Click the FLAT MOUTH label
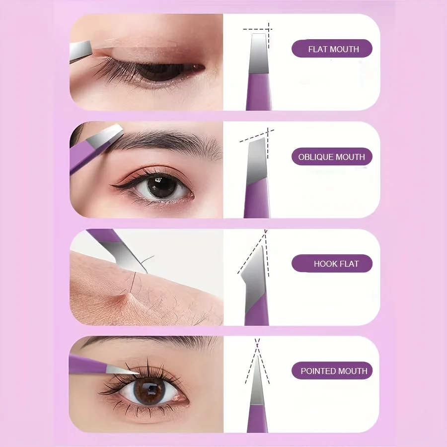pos(332,49)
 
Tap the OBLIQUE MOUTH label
pos(332,157)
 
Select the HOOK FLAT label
pos(332,264)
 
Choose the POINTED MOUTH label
pos(332,371)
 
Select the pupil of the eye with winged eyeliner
pos(162,187)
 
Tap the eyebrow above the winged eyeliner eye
pos(164,140)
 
